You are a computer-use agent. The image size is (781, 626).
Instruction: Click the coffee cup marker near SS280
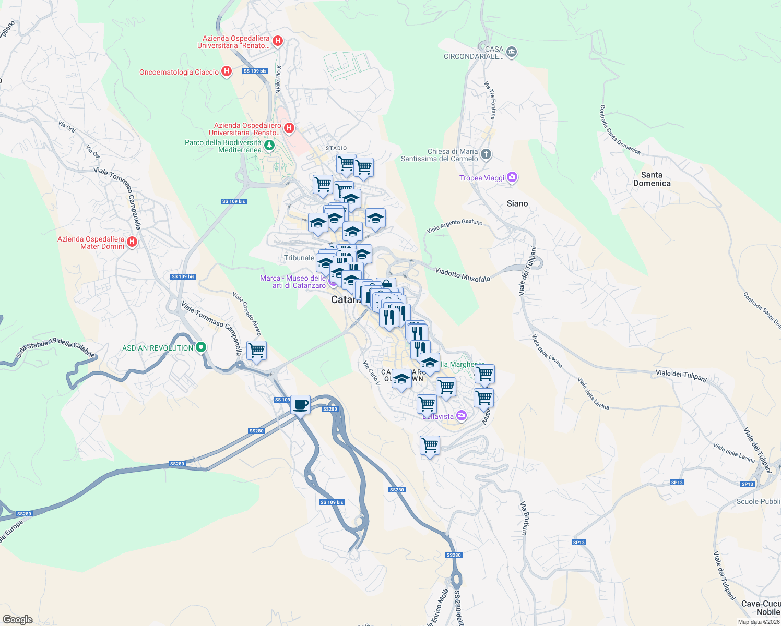click(300, 405)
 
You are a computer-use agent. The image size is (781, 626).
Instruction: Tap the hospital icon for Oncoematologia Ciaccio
click(227, 71)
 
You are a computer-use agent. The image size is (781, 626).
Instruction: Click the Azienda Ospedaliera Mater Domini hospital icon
click(132, 242)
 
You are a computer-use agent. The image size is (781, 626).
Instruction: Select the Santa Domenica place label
click(652, 179)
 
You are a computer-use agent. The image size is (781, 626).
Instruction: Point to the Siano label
click(517, 203)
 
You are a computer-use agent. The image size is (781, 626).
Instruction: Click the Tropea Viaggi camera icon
click(512, 178)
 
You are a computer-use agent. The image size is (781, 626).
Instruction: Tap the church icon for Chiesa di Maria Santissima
click(486, 154)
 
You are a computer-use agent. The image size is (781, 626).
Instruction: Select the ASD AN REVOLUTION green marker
click(201, 348)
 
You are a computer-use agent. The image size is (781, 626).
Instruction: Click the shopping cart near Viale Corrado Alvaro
click(256, 351)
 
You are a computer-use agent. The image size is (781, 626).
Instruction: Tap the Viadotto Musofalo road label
click(463, 275)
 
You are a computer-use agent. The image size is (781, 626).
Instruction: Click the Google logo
click(18, 620)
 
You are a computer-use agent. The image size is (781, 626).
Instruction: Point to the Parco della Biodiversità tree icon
click(269, 145)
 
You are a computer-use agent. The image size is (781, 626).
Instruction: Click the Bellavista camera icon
click(461, 416)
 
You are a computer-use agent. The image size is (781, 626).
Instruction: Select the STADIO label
click(336, 148)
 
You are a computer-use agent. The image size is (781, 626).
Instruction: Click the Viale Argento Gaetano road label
click(454, 226)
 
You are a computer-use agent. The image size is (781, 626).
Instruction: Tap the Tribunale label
click(299, 258)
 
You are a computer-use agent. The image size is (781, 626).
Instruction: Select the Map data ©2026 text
click(759, 622)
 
